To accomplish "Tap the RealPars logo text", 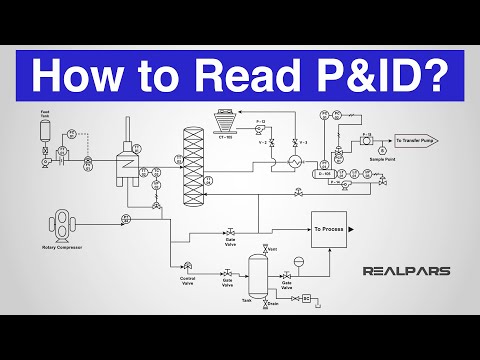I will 420,270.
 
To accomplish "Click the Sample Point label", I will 381,160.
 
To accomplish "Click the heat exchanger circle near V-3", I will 295,160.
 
